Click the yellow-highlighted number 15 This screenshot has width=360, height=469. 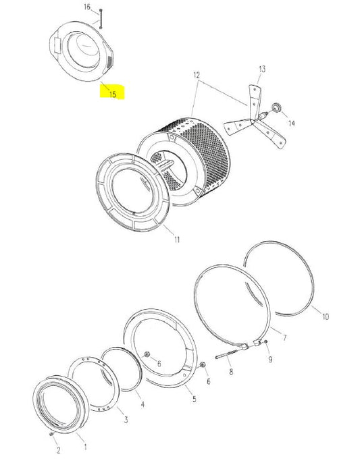[113, 94]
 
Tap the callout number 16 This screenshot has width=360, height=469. [87, 7]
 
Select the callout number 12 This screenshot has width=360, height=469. [197, 75]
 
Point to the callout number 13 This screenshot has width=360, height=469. [262, 69]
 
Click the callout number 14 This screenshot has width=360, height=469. [292, 123]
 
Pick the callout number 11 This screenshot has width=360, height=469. [177, 240]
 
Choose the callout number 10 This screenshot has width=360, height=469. [326, 316]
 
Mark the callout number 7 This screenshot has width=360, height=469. [284, 337]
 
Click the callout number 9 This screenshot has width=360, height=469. [270, 359]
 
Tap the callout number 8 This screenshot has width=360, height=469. [231, 372]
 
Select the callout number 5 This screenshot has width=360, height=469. [195, 399]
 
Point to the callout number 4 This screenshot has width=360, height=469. [143, 404]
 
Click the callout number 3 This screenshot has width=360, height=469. [126, 420]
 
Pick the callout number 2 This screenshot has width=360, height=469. [59, 450]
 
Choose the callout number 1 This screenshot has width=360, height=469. [86, 447]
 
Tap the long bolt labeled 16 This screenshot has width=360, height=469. [100, 18]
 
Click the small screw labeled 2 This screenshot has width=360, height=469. [52, 434]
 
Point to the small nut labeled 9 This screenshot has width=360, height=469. [265, 342]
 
